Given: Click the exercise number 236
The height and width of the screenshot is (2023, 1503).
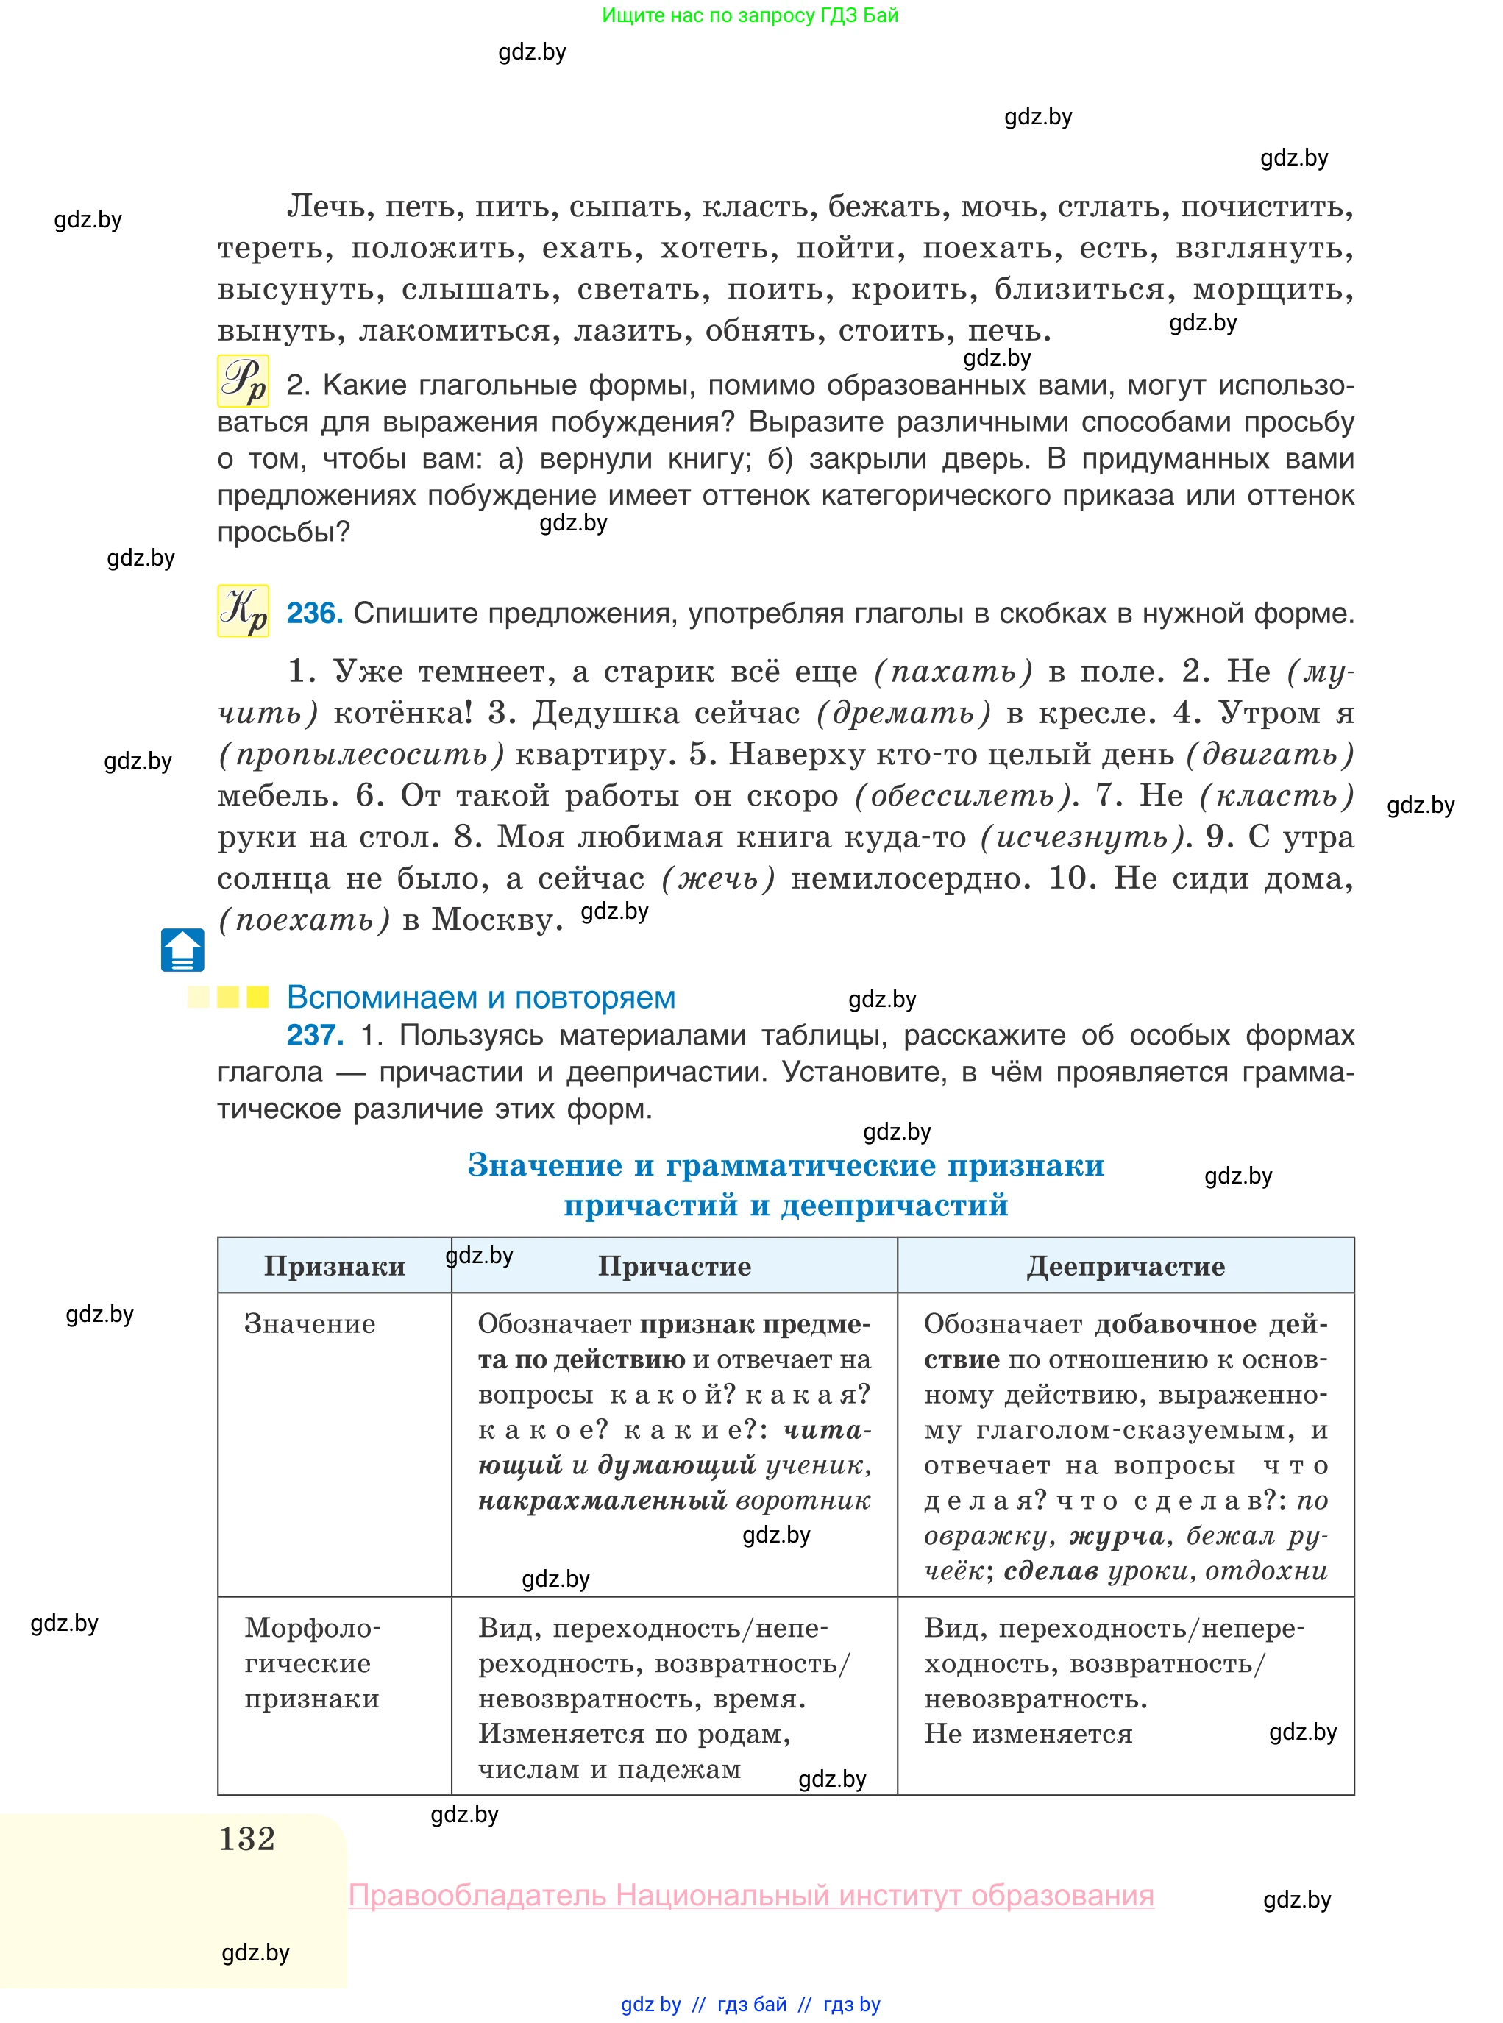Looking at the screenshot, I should pos(314,614).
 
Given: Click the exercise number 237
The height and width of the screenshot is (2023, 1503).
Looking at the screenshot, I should pos(314,1035).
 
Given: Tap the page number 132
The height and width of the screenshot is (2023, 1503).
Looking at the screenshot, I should pos(246,1838).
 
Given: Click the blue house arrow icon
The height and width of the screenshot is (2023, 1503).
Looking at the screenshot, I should pos(182,950).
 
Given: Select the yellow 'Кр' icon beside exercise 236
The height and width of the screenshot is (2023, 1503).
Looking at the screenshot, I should pos(243,611).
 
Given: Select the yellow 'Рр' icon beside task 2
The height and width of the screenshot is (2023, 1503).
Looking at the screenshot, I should pos(243,380).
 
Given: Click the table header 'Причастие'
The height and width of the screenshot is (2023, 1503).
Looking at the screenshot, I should pos(674,1266).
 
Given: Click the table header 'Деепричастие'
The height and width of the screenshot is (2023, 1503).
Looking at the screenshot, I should pos(1126,1266).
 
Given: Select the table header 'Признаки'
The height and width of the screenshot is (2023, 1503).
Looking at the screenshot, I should pos(335,1266).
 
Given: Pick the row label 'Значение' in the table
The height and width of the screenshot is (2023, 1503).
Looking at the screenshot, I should pos(309,1324).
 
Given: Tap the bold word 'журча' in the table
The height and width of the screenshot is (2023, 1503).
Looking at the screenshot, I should pos(1116,1535).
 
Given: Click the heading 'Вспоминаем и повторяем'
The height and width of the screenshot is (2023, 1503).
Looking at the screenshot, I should pos(480,998).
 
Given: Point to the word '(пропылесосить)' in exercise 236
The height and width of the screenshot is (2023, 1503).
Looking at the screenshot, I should pos(361,754).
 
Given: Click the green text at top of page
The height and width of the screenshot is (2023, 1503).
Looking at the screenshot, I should pos(750,15).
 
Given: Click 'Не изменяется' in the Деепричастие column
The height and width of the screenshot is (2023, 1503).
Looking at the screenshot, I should pos(1028,1734).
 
